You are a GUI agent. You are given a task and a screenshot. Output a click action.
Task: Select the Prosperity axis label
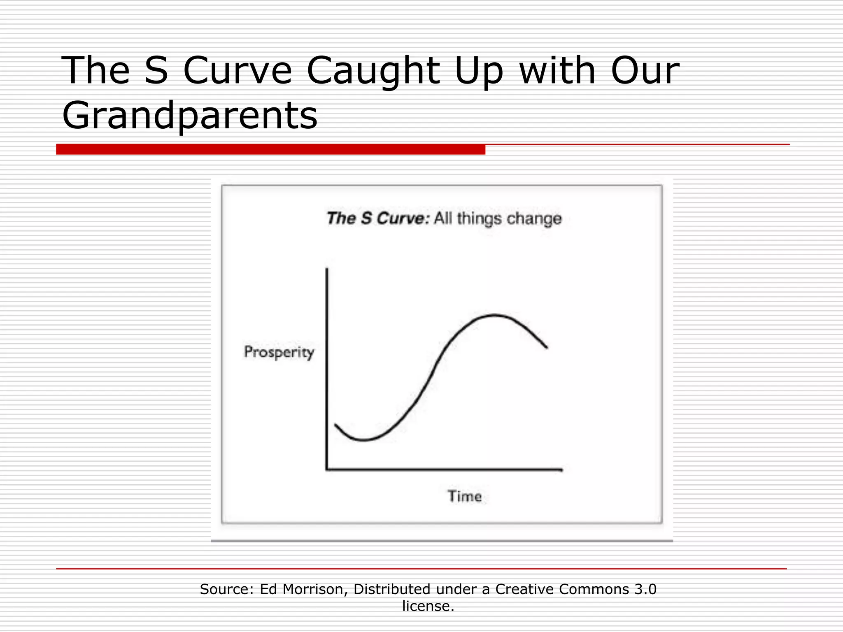[x=279, y=352]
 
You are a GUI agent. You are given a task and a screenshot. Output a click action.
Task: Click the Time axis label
[x=465, y=496]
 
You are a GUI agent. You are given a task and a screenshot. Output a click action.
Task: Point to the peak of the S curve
[x=494, y=316]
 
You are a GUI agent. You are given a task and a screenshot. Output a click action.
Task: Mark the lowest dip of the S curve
[x=364, y=440]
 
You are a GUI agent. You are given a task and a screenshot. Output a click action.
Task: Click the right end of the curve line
[x=547, y=348]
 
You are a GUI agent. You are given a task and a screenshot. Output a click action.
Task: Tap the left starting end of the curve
[x=335, y=424]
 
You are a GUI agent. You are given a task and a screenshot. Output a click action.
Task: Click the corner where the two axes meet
[x=327, y=469]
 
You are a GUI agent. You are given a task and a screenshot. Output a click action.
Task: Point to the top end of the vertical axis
[x=327, y=269]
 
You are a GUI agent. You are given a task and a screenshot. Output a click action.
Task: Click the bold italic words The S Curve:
[x=378, y=218]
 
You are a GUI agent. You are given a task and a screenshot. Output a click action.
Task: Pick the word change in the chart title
[x=534, y=218]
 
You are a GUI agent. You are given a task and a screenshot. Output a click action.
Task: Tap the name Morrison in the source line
[x=315, y=589]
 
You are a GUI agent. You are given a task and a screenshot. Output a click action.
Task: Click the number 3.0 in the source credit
[x=645, y=589]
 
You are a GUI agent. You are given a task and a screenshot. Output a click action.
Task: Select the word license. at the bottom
[x=428, y=606]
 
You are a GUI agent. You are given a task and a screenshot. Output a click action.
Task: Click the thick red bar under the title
[x=270, y=149]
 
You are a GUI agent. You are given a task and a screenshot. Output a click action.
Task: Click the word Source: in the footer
[x=227, y=589]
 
